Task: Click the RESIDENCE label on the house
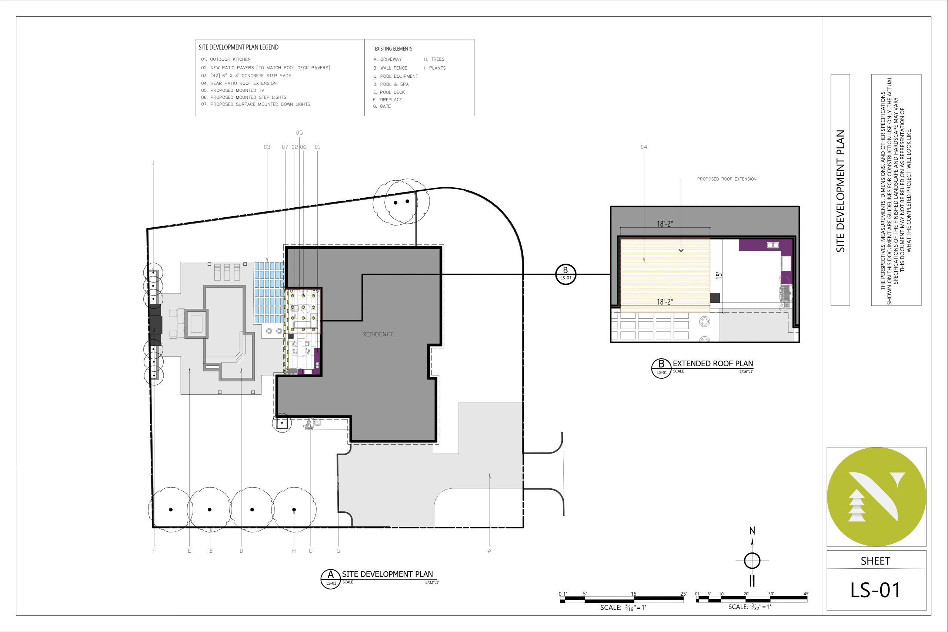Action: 378,334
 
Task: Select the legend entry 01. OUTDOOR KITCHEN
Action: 226,59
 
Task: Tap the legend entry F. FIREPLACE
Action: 387,100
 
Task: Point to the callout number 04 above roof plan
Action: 644,147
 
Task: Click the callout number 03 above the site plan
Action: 267,147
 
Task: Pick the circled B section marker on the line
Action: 565,274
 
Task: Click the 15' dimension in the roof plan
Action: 719,276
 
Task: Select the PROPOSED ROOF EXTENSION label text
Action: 727,179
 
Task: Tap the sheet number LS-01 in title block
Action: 875,590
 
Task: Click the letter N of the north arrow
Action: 752,531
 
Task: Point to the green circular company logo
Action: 876,497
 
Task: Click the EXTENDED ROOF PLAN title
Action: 712,364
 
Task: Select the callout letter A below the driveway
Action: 490,551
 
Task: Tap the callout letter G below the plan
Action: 338,551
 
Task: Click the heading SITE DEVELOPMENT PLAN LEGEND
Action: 238,47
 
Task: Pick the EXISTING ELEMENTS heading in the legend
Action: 393,49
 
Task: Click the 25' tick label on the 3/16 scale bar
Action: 683,594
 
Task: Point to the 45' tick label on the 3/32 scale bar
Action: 806,594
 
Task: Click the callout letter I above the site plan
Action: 153,163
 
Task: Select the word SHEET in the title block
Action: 875,561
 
